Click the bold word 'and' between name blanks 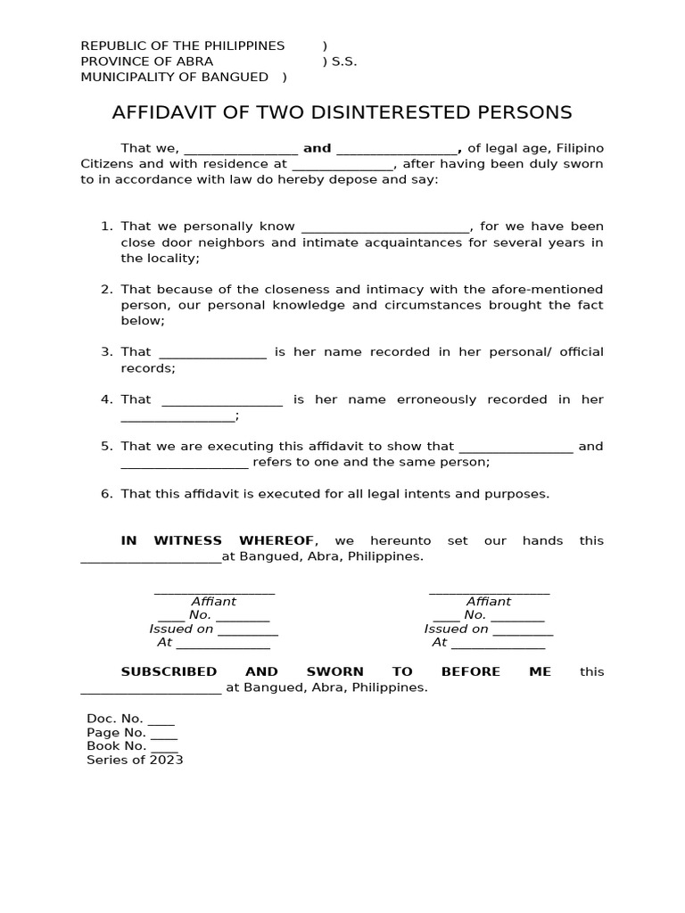pos(318,149)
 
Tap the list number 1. pos(106,226)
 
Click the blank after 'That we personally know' pos(385,228)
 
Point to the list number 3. pos(106,352)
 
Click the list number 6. pos(106,494)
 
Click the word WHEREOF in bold pos(277,541)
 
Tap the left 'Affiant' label pos(214,602)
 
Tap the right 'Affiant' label pos(489,602)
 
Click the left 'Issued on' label pos(181,629)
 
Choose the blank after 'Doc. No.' pos(161,721)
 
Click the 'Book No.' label pos(116,746)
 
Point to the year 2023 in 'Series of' pos(167,761)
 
